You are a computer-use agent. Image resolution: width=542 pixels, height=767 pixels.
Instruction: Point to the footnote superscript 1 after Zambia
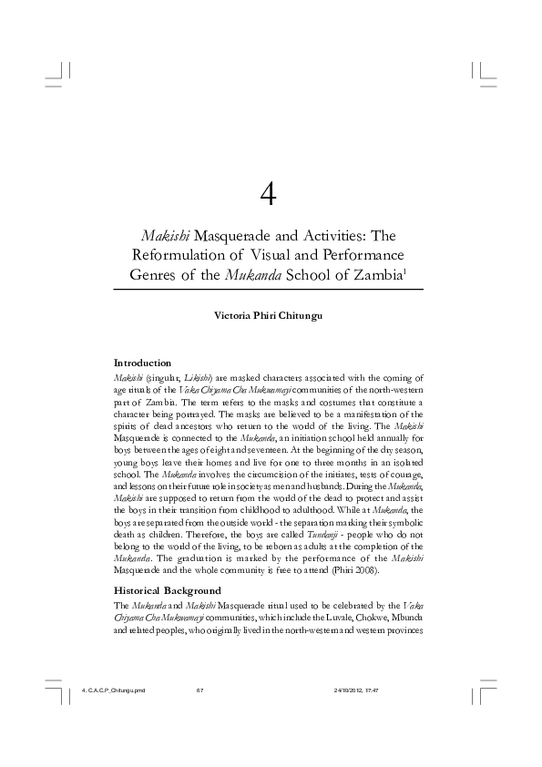pyautogui.click(x=418, y=271)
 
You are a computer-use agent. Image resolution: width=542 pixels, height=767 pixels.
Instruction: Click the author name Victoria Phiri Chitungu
pyautogui.click(x=269, y=316)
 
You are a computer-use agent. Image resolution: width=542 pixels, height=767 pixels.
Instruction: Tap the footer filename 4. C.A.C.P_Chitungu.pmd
pyautogui.click(x=114, y=690)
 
